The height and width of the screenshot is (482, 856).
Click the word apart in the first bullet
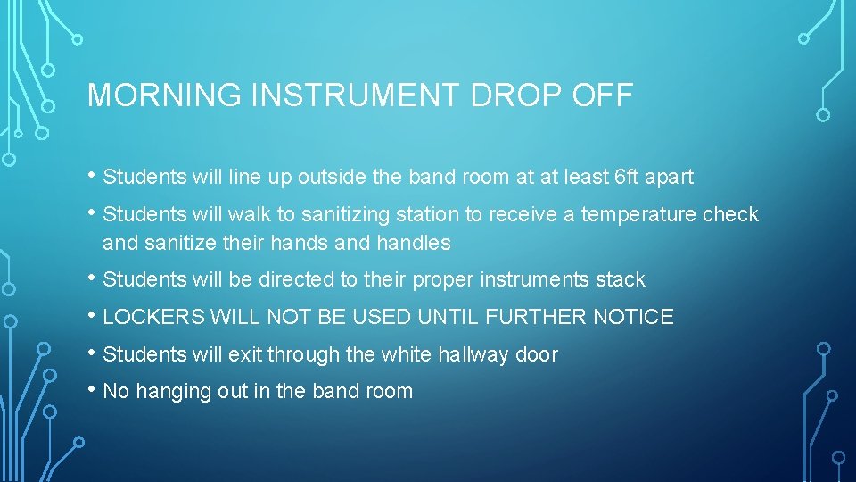[671, 177]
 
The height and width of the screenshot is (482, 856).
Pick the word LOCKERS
[152, 317]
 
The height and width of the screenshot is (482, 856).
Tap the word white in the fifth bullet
[407, 354]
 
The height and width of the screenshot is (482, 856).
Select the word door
[537, 354]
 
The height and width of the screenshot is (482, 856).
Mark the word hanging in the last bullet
[167, 391]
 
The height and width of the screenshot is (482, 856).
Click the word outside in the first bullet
[331, 177]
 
